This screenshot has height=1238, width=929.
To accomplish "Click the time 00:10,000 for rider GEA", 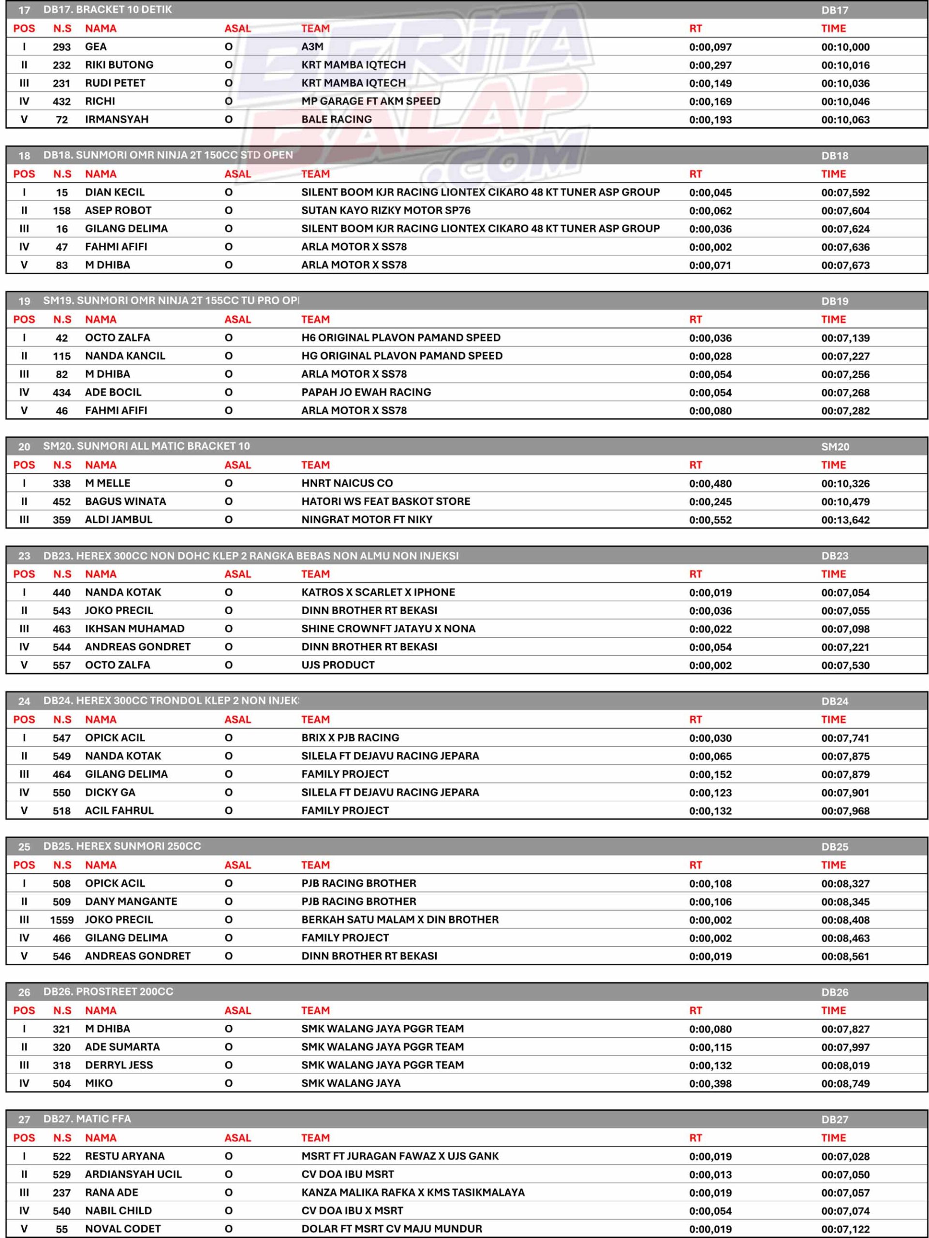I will coord(845,47).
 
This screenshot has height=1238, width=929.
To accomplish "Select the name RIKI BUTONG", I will coord(118,65).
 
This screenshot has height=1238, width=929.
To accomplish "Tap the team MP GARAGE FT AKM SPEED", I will coord(370,101).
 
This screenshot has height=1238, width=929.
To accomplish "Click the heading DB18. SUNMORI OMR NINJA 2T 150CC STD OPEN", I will coord(168,155).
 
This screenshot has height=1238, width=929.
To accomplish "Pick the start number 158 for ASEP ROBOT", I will coord(61,211).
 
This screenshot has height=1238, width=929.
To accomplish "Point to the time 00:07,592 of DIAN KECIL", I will coord(845,193).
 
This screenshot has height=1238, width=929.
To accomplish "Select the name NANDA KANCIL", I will coord(125,356).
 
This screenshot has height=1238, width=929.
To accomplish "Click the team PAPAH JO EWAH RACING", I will coord(366,392).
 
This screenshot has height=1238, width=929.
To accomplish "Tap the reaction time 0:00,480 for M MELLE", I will coord(710,484).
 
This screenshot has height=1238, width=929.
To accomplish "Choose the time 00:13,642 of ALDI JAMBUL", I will coord(845,520).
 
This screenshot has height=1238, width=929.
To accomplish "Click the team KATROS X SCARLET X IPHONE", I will coord(378,592).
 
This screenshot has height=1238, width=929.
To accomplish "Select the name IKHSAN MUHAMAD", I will coord(134,629).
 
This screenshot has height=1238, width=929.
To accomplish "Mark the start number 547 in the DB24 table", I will coord(61,738).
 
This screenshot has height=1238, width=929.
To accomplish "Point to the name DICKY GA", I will coord(110,793).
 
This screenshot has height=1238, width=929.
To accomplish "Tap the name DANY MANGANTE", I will coord(131,901).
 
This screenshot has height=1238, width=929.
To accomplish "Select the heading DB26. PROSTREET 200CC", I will coord(124,992).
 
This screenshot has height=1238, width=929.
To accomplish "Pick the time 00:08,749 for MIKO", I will coord(845,1084).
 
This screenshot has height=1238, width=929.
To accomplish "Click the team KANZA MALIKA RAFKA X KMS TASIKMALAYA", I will coord(413,1193).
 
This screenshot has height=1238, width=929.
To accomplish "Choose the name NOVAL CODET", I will coord(122,1229).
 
